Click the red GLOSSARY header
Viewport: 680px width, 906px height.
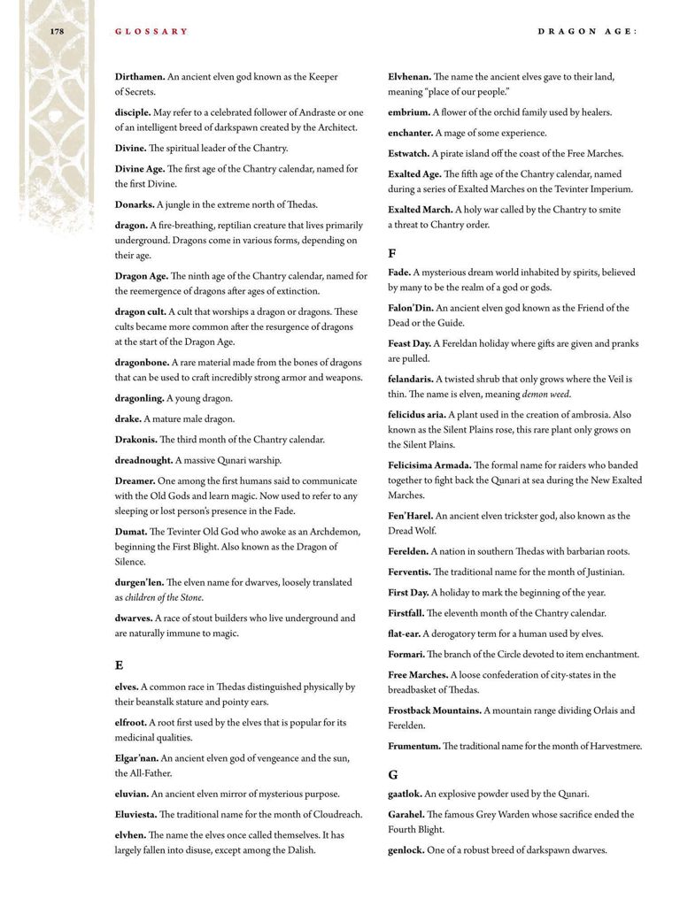point(151,32)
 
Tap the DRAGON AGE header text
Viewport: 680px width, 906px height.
point(588,32)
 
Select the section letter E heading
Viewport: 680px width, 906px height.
point(119,664)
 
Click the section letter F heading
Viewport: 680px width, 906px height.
point(391,253)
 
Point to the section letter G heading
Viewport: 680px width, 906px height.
point(392,774)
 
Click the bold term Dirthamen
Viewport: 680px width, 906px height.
point(140,77)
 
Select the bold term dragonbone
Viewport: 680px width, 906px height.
point(142,362)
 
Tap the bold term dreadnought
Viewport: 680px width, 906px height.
point(143,460)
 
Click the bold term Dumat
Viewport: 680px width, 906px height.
point(130,531)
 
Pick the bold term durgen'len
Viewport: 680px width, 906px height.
point(139,582)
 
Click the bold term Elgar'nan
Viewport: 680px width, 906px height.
point(136,757)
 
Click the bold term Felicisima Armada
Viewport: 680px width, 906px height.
point(429,465)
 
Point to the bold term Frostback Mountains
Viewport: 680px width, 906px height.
point(435,710)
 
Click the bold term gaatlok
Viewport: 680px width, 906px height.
point(405,794)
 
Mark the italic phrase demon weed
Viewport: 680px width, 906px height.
point(546,394)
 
